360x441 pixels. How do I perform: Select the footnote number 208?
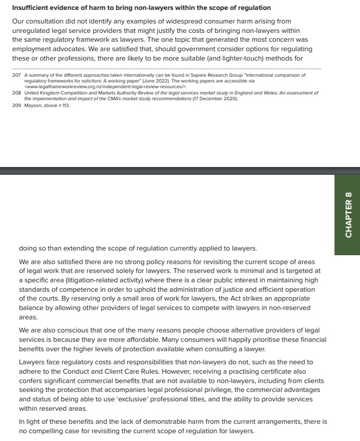pyautogui.click(x=16, y=93)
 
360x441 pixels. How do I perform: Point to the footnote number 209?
pyautogui.click(x=16, y=105)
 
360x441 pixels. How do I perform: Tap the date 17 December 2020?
pyautogui.click(x=211, y=99)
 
